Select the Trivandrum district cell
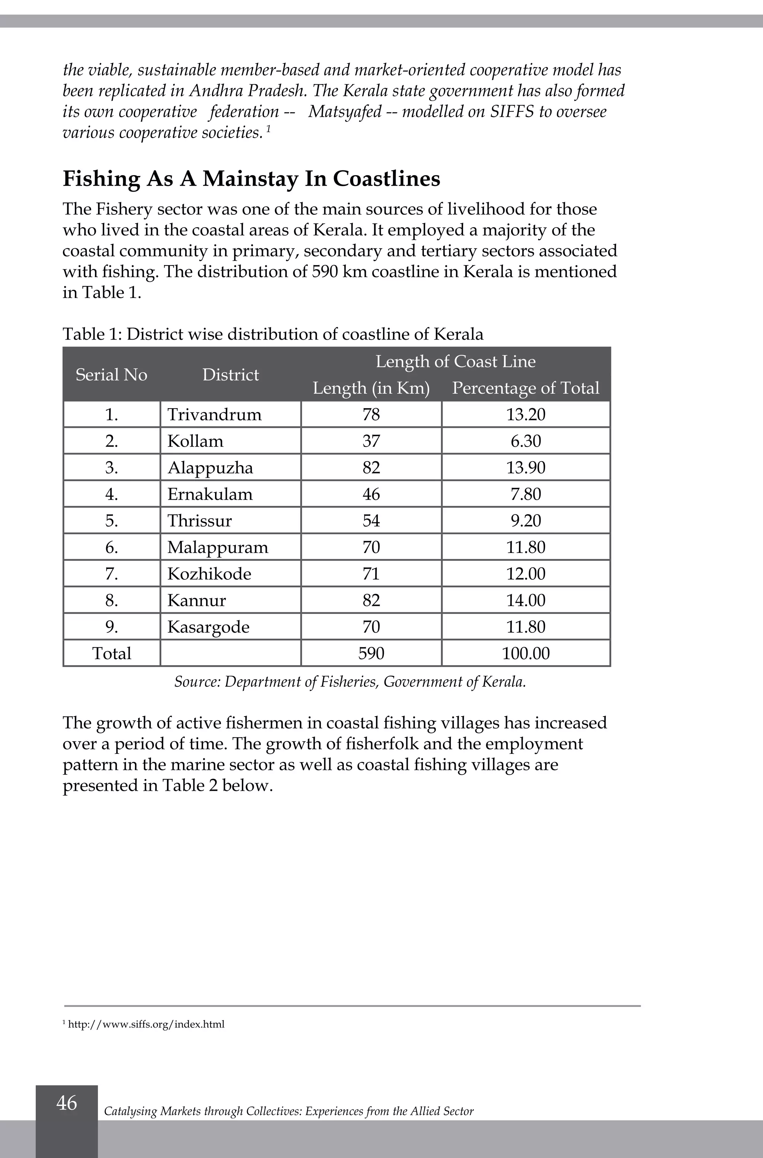(214, 415)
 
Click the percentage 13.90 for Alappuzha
(526, 468)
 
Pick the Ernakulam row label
(210, 494)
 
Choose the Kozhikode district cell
(209, 574)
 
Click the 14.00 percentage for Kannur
(526, 600)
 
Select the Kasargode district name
(208, 627)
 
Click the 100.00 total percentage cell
(526, 653)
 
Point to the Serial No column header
(111, 374)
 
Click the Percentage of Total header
(526, 388)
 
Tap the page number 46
(67, 1103)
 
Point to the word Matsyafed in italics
(345, 111)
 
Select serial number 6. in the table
(111, 547)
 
